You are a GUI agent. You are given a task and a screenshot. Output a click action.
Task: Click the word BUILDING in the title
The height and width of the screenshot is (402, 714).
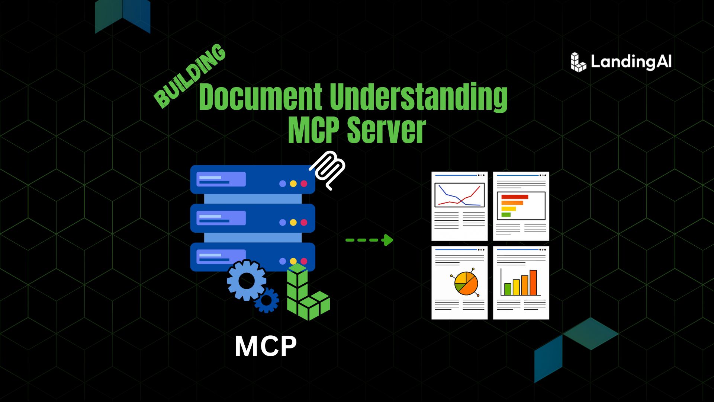coord(190,76)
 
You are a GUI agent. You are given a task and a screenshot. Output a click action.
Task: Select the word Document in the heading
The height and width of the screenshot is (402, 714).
coord(261,97)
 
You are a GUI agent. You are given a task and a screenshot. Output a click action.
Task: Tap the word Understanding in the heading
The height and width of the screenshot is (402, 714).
coord(419,97)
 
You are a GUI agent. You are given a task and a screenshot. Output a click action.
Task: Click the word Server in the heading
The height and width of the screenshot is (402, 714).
coord(387,130)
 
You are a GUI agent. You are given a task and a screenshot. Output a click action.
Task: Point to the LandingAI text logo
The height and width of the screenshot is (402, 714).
coord(631,62)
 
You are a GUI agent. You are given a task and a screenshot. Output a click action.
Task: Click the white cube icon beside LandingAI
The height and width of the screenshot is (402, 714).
coord(578,62)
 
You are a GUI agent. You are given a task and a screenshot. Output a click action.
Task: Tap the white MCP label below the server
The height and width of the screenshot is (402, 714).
coord(266,346)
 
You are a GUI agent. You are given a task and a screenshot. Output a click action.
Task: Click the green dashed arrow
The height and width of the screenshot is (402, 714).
coord(369,240)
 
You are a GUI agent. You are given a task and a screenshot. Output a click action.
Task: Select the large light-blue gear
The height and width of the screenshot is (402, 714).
coord(247,280)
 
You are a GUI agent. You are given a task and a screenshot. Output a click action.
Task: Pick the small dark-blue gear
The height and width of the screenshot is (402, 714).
coord(267,300)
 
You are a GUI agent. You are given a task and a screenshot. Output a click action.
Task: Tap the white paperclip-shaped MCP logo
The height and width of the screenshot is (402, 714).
coord(328,170)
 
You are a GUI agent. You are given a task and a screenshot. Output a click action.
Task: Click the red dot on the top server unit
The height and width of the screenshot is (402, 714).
coord(304,184)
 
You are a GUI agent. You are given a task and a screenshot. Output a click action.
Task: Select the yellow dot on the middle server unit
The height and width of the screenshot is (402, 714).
coord(293,222)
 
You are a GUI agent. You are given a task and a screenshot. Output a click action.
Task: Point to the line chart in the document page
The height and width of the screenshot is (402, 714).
coord(460,195)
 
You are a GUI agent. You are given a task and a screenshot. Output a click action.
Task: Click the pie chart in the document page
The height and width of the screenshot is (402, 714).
coord(466,283)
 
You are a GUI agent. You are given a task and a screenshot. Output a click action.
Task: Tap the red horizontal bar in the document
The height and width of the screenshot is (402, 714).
coord(515,197)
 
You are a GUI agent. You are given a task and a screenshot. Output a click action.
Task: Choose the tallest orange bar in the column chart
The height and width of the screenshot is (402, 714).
coord(533,283)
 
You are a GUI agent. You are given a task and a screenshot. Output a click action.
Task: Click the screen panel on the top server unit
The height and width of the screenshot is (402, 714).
coord(221,179)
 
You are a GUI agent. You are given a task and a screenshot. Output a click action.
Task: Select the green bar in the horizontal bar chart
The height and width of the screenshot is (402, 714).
coord(506,215)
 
